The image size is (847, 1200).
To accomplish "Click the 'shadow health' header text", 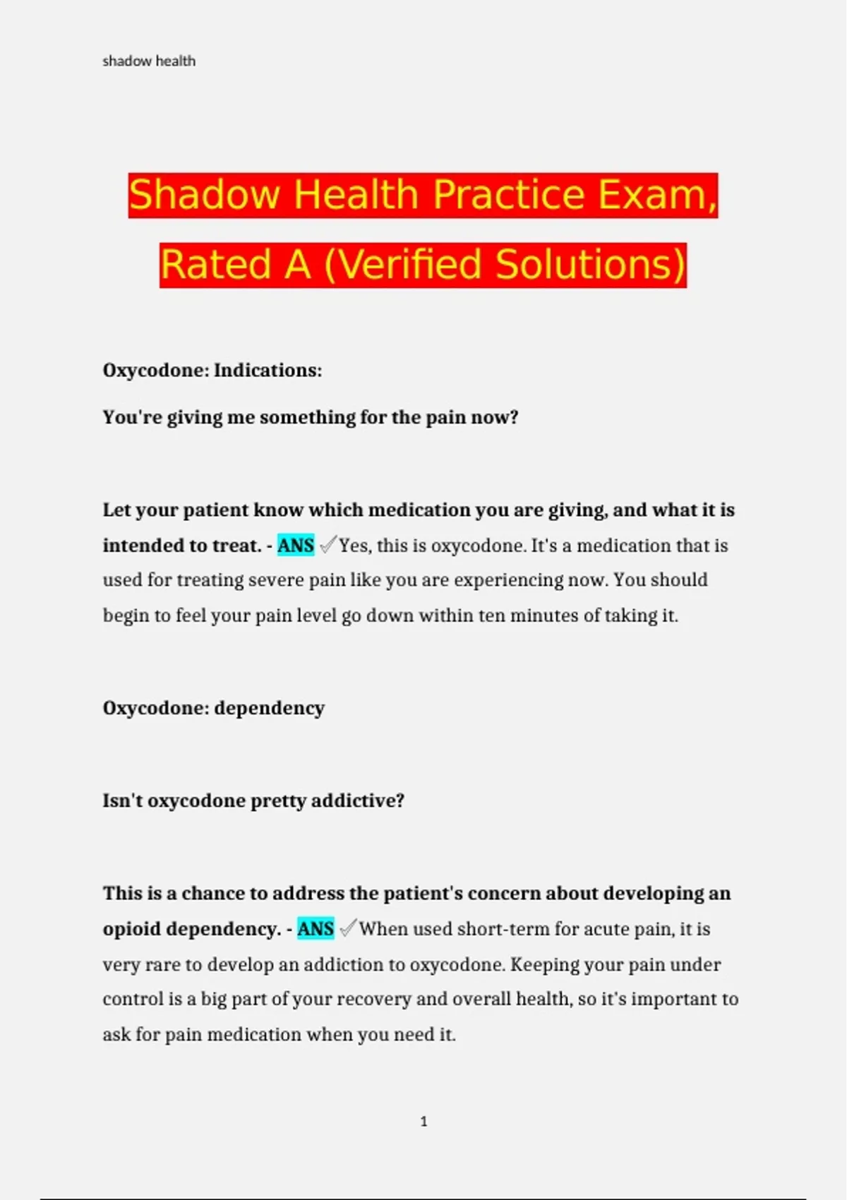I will [x=149, y=61].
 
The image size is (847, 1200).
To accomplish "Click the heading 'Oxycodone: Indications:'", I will [x=212, y=371].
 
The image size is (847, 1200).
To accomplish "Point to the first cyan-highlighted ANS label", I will [x=296, y=546].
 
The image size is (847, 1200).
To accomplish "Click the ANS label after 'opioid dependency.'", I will [x=316, y=929].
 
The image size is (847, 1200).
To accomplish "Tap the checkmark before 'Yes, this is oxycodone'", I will [x=328, y=545].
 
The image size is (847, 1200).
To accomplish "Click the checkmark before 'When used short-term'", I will [x=348, y=928].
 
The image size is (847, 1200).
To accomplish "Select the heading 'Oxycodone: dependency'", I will [x=214, y=708].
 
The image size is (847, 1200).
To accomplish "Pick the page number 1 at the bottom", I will [x=423, y=1121].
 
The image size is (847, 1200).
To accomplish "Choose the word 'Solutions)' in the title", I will [x=591, y=265].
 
